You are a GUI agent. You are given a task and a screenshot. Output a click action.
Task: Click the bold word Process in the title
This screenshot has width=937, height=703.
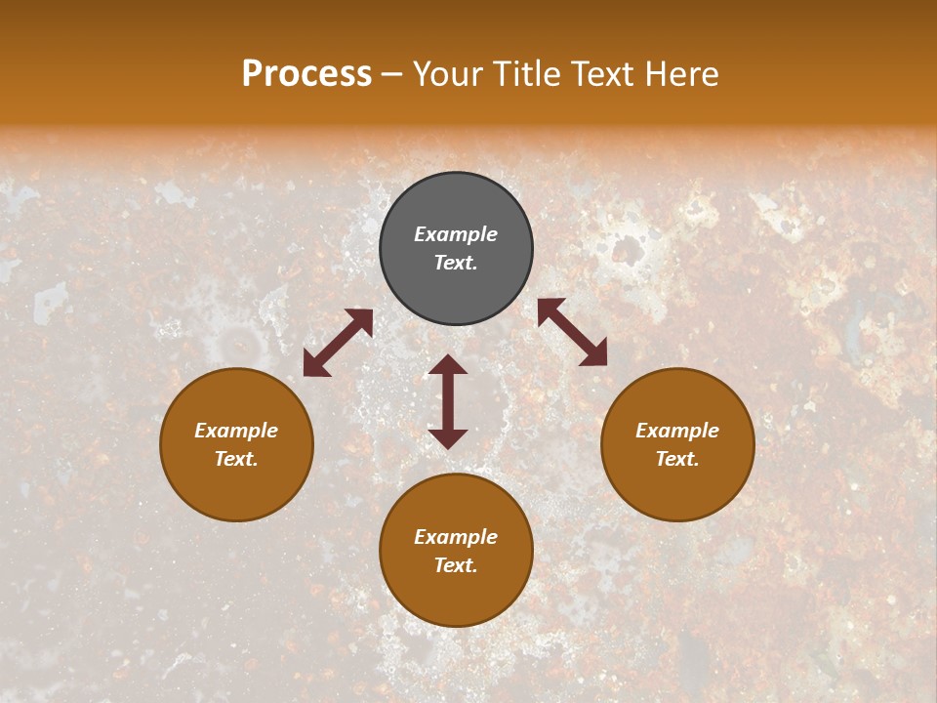tap(306, 74)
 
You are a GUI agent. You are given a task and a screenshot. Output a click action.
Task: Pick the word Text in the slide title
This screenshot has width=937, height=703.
tap(601, 74)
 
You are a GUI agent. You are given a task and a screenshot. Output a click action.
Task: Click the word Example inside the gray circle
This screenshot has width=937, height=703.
tap(456, 234)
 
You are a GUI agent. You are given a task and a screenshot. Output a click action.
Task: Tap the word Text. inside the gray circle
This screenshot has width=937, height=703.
tap(456, 263)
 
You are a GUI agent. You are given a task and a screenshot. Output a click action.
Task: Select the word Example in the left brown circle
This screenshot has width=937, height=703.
tap(236, 431)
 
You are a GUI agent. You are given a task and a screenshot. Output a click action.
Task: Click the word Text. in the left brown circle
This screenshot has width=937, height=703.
tap(236, 459)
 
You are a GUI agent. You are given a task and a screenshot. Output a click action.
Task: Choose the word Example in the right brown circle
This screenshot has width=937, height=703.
tap(677, 431)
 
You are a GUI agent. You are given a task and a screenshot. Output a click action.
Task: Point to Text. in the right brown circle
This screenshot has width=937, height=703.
tap(677, 459)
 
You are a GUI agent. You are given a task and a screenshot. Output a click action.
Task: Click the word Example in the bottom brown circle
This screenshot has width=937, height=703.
tap(456, 537)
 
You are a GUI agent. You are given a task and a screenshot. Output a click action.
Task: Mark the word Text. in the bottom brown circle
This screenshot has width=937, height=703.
tap(456, 565)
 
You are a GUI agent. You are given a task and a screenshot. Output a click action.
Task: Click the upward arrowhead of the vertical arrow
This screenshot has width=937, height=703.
tap(448, 365)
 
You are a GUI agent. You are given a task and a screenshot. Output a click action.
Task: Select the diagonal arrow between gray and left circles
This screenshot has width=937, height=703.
tap(338, 343)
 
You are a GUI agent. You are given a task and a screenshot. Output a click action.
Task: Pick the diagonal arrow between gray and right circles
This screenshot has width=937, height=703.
tap(572, 332)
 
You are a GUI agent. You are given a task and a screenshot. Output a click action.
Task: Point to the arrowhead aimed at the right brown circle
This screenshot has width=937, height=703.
tap(594, 354)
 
